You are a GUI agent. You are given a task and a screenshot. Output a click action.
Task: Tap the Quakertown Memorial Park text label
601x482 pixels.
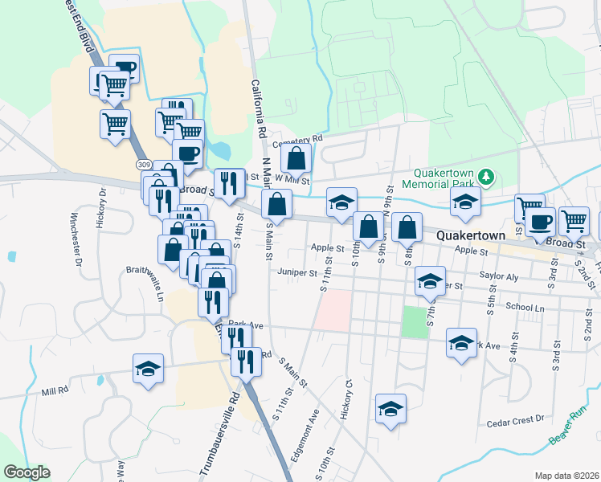pyautogui.click(x=446, y=179)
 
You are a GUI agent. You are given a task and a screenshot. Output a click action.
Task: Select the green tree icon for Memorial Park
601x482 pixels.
pyautogui.click(x=485, y=175)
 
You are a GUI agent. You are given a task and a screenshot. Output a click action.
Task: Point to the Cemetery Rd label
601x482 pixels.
pyautogui.click(x=297, y=140)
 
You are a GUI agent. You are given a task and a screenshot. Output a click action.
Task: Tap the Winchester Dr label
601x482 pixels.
pyautogui.click(x=76, y=240)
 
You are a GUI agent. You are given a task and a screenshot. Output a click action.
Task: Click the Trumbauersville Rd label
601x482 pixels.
pyautogui.click(x=221, y=435)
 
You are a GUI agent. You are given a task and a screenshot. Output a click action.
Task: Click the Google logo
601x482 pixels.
pyautogui.click(x=27, y=472)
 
